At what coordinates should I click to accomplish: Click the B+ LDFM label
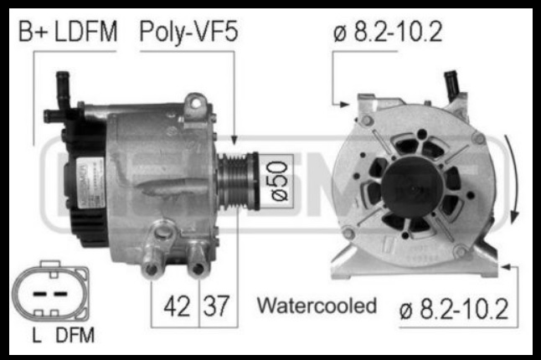point(68,31)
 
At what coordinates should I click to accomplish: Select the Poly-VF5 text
point(188,32)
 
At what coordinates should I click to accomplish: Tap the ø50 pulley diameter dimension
point(279,182)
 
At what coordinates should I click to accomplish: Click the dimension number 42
point(177,306)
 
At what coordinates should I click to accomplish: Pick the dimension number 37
point(216,306)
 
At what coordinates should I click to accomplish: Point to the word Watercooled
point(317,306)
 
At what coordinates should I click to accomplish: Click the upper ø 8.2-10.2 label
point(388,32)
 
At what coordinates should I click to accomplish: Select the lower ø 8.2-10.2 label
point(454,309)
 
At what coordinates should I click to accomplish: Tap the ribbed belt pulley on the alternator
point(238,181)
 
